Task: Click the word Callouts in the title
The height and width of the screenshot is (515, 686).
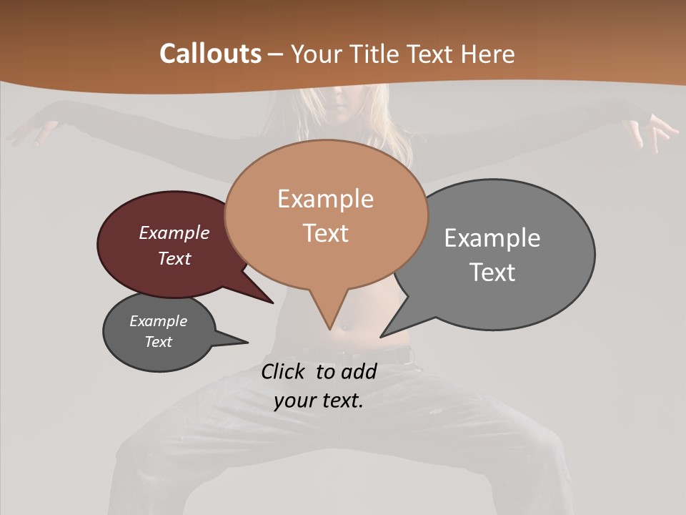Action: [210, 54]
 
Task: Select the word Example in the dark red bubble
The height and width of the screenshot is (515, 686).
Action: [174, 233]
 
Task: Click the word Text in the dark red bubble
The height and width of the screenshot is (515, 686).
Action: [174, 258]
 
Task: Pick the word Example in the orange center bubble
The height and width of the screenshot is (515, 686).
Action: [325, 199]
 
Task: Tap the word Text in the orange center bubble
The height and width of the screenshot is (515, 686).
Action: [326, 233]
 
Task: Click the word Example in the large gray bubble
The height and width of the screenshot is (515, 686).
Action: [492, 238]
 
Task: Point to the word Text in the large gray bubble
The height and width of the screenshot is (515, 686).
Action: [493, 273]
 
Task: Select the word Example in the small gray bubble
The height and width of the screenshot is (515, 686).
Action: [159, 321]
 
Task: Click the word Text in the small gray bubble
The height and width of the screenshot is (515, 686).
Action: [159, 342]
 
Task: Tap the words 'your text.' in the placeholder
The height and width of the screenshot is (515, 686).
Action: [319, 401]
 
